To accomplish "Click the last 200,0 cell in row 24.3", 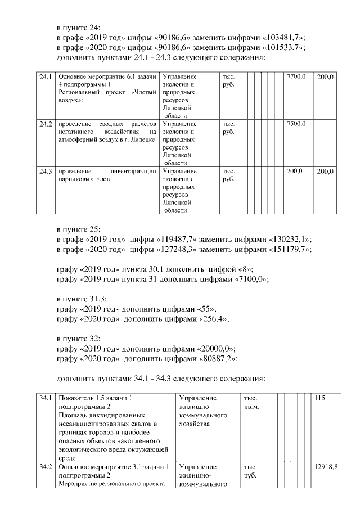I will point(325,172).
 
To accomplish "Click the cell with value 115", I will point(320,398).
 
